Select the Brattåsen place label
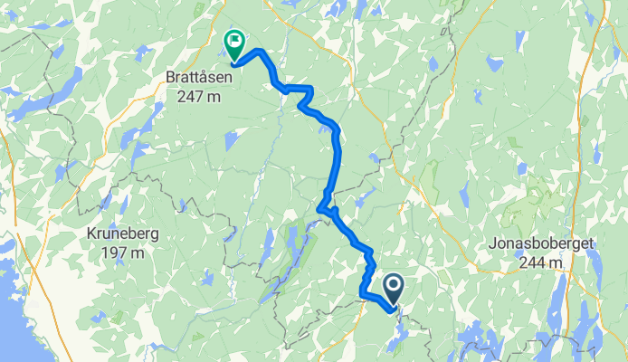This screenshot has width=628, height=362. tap(199, 79)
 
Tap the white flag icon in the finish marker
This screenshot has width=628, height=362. tap(235, 40)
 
